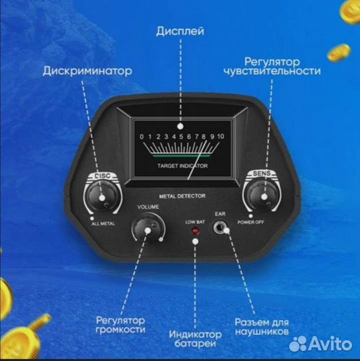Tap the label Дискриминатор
[87, 70]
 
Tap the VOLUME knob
[148, 230]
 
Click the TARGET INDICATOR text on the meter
[182, 164]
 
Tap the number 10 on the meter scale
[220, 136]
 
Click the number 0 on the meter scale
[142, 136]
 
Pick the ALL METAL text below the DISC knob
[102, 225]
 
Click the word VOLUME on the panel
[148, 207]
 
